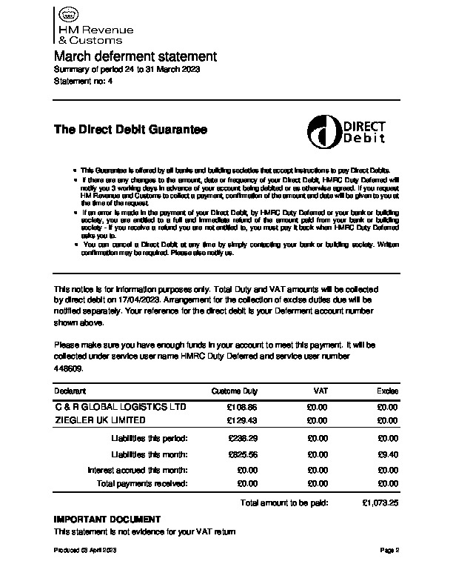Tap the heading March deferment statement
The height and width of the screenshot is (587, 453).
click(135, 56)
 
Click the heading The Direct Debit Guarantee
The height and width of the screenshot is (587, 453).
click(130, 130)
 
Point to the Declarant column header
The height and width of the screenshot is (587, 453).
click(70, 391)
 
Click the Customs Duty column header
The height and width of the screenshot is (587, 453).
click(235, 391)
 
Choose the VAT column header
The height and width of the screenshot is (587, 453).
click(321, 391)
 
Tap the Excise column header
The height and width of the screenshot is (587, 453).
click(388, 391)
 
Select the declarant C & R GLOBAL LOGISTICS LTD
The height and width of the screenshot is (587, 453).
click(121, 407)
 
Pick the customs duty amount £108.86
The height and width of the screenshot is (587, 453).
click(243, 408)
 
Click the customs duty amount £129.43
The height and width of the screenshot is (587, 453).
click(243, 420)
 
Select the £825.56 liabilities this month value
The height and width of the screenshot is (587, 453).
click(243, 455)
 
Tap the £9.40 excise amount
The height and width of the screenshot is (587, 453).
click(389, 455)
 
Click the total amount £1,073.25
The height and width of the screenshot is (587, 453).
click(380, 503)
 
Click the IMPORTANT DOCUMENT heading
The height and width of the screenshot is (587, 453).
click(107, 519)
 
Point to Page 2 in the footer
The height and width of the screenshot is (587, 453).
click(390, 551)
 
